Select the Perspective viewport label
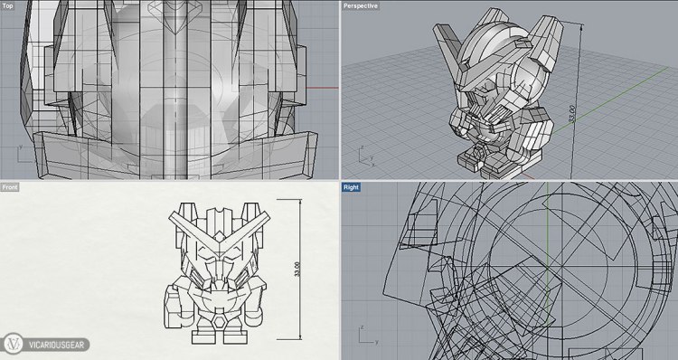pyautogui.click(x=361, y=6)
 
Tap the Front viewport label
pyautogui.click(x=11, y=187)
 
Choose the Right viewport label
pyautogui.click(x=354, y=187)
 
